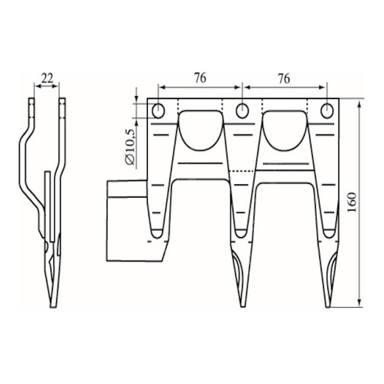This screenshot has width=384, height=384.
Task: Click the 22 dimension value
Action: point(47,78)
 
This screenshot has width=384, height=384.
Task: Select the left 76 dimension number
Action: point(200,78)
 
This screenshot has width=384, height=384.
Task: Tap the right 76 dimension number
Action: point(284,78)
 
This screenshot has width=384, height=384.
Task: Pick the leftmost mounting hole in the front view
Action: point(158,111)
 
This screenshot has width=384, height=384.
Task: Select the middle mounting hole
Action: point(242,111)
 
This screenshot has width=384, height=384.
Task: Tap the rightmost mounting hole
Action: point(327,111)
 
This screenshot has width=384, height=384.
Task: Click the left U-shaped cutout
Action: point(200,130)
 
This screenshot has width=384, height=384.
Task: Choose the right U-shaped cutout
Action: point(285,130)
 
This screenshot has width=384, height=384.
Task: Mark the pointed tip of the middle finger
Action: point(242,303)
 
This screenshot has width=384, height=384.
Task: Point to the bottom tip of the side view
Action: point(53,305)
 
